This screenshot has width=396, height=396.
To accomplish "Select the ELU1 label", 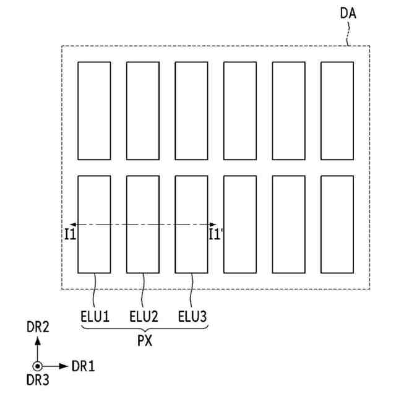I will pyautogui.click(x=95, y=317).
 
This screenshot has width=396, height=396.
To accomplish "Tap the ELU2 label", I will pyautogui.click(x=144, y=317).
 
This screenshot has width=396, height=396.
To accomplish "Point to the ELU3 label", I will pyautogui.click(x=192, y=317).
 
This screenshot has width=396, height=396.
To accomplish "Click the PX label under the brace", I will pyautogui.click(x=145, y=341).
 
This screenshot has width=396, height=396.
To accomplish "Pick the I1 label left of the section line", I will pyautogui.click(x=70, y=234).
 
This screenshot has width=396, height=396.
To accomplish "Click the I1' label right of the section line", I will pyautogui.click(x=215, y=234).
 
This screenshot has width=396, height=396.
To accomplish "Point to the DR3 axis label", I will pyautogui.click(x=38, y=382).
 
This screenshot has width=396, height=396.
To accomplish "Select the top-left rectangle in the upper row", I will pyautogui.click(x=94, y=110).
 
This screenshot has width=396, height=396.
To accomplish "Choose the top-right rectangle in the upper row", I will pyautogui.click(x=337, y=110).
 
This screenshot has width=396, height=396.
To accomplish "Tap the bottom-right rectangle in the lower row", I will pyautogui.click(x=337, y=224).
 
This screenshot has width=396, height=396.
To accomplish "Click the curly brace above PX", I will pyautogui.click(x=144, y=329).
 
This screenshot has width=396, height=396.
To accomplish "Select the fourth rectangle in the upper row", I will pyautogui.click(x=240, y=110).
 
